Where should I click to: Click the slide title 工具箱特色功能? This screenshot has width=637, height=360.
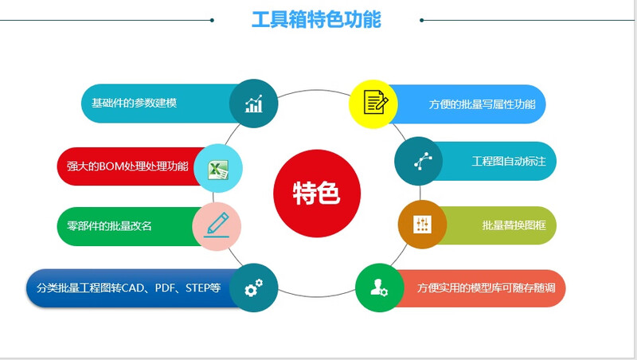point(316,19)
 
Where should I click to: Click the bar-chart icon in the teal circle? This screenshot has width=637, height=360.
point(253,104)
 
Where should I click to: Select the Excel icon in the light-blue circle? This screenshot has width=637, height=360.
point(218,169)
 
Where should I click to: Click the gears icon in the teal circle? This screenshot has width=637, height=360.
point(253,288)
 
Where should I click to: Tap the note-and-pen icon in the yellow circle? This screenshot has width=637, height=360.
point(374,104)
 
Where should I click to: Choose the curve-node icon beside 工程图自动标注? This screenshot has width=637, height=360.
point(420,162)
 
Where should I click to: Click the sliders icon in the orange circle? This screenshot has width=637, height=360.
point(421,225)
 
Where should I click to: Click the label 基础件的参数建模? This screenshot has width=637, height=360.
point(134,104)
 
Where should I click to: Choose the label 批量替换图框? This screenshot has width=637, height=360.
point(514,225)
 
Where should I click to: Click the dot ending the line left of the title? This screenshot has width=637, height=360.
point(212,20)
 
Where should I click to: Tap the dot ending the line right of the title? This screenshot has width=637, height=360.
point(421,20)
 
